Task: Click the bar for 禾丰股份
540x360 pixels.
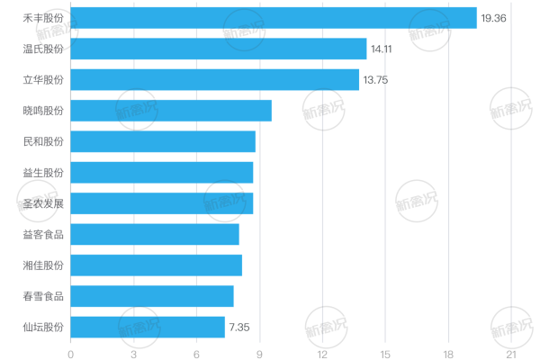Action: pyautogui.click(x=274, y=18)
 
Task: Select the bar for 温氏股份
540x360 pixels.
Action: pyautogui.click(x=219, y=49)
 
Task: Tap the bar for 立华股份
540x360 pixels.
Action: pyautogui.click(x=215, y=79)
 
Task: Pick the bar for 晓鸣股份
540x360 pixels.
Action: pyautogui.click(x=171, y=111)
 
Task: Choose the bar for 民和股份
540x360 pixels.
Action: pyautogui.click(x=163, y=141)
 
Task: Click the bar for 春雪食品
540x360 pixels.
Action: pyautogui.click(x=152, y=296)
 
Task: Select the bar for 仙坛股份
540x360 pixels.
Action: pyautogui.click(x=148, y=327)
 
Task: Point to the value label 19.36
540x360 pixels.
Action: pyautogui.click(x=493, y=18)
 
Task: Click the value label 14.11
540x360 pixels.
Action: pyautogui.click(x=382, y=49)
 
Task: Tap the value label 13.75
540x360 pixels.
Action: pyautogui.click(x=375, y=80)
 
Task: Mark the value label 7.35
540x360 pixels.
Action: pyautogui.click(x=239, y=328)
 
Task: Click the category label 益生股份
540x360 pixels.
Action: pyautogui.click(x=43, y=173)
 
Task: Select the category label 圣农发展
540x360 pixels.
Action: pyautogui.click(x=43, y=203)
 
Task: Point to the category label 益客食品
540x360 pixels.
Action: pyautogui.click(x=43, y=235)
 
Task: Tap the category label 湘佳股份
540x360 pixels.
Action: pyautogui.click(x=43, y=265)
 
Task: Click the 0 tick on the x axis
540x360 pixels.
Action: pyautogui.click(x=70, y=355)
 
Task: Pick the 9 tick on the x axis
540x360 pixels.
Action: pyautogui.click(x=259, y=355)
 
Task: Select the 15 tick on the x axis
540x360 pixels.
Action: pyautogui.click(x=385, y=355)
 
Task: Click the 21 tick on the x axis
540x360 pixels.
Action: pyautogui.click(x=511, y=355)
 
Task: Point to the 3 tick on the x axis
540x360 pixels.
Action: pyautogui.click(x=133, y=355)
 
